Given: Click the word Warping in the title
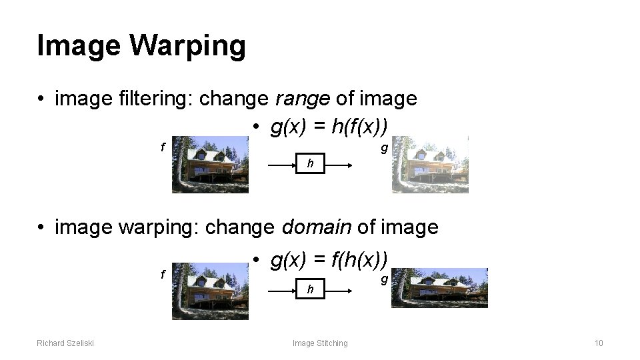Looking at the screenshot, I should click(188, 47).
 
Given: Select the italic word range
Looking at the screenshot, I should click(303, 99).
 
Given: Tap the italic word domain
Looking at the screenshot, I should click(317, 227).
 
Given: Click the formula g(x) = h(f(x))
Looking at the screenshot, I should click(329, 126).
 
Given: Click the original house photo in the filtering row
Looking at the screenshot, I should click(210, 164).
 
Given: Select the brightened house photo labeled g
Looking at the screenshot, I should click(429, 164).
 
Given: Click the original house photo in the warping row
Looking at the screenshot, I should click(210, 291).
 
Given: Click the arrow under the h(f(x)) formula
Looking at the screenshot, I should click(309, 163).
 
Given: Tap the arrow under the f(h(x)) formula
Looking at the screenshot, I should click(309, 289).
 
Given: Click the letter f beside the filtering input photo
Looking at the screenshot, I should click(163, 147).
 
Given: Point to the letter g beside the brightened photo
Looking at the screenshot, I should click(383, 148).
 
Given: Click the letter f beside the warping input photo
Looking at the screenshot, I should click(163, 274).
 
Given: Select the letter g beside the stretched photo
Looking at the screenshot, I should click(383, 279).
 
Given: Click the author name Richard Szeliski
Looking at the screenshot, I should click(65, 343).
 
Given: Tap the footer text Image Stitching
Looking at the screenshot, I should click(320, 343).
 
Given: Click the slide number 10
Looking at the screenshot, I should click(598, 343).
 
